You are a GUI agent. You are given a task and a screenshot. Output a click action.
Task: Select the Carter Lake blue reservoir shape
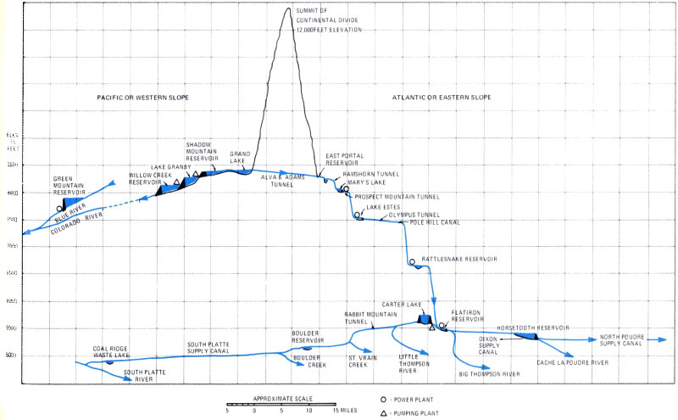pyautogui.click(x=425, y=320)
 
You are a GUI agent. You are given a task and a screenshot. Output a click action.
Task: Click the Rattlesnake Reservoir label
pyautogui.click(x=460, y=259)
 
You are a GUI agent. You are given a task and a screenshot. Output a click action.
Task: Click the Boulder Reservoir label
pyautogui.click(x=308, y=336)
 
